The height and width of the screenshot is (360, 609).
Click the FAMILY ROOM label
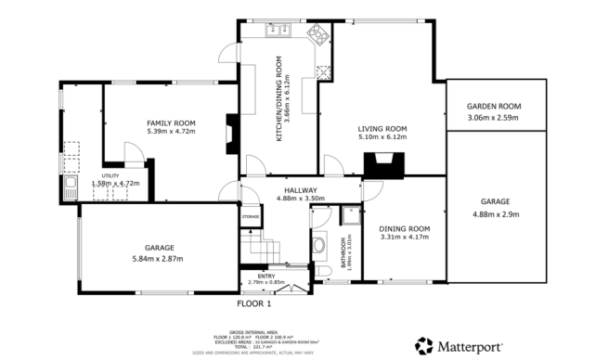pyautogui.click(x=171, y=122)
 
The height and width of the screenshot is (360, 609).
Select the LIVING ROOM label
pyautogui.click(x=383, y=129)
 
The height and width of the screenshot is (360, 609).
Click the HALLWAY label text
pyautogui.click(x=300, y=189)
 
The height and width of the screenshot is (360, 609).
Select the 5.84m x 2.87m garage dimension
pyautogui.click(x=158, y=257)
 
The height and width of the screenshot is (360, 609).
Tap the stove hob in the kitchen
pyautogui.click(x=317, y=35)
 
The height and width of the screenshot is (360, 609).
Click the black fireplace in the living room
pyautogui.click(x=382, y=165)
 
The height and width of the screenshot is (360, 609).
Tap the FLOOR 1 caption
pyautogui.click(x=253, y=303)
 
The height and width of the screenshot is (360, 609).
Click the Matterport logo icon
pyautogui.click(x=424, y=344)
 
